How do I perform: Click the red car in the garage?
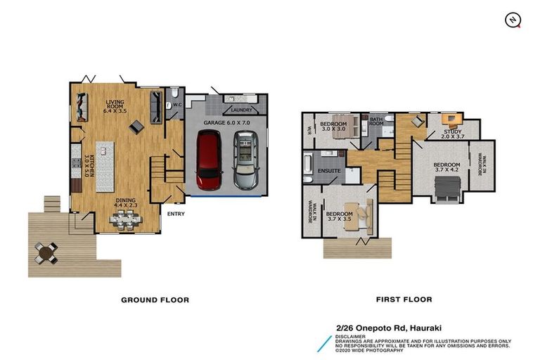point(209,160)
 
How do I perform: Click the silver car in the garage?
point(245,160)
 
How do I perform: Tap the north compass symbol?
point(513,20)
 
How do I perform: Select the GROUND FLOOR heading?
point(155,300)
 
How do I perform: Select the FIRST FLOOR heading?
point(404,300)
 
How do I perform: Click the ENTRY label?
point(176,214)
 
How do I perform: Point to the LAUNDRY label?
point(241,110)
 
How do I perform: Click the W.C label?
point(177,104)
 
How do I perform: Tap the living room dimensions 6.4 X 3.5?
point(115,111)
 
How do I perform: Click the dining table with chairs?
point(125,220)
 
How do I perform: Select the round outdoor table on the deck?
point(46,253)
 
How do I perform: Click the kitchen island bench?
point(105,167)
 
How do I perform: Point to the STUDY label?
point(453,131)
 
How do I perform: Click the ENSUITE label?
point(329,171)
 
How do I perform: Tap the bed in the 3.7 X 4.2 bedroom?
point(447,188)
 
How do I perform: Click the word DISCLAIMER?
point(350,337)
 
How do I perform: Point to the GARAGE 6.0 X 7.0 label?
point(226,122)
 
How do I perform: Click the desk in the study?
point(452,119)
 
